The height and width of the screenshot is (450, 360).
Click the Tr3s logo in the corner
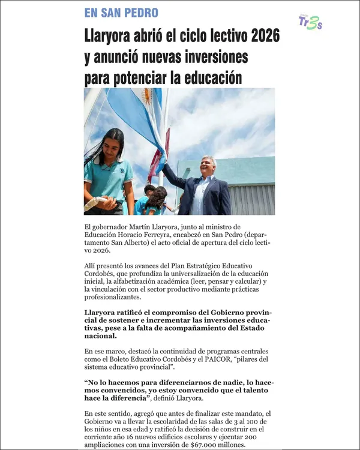click(310, 23)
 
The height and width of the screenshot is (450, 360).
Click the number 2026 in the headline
click(265, 36)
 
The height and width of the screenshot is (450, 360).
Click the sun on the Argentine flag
click(146, 97)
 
